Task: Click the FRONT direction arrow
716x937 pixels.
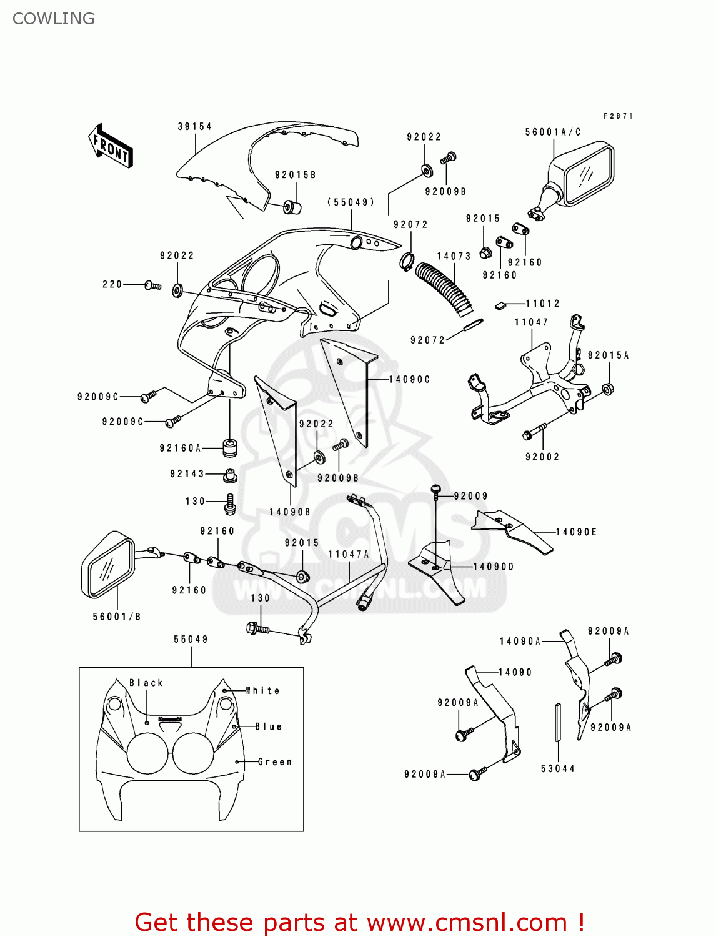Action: tap(111, 146)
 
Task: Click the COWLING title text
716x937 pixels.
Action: tap(53, 19)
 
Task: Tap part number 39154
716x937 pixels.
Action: tap(195, 127)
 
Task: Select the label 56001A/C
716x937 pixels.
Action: tap(553, 132)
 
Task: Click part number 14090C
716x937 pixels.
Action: tap(410, 380)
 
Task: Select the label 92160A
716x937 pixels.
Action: tap(181, 449)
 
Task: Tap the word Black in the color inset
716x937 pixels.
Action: tap(146, 683)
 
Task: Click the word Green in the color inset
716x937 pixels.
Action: tap(275, 762)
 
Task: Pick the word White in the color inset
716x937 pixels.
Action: tap(263, 691)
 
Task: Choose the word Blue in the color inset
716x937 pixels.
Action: tap(269, 727)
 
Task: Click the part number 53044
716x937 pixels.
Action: tap(558, 769)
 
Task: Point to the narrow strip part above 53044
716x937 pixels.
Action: tap(558, 722)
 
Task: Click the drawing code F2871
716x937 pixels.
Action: tap(618, 116)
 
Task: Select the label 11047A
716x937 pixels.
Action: tap(349, 555)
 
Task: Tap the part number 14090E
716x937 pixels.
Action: tap(577, 532)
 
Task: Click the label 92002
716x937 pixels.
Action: tap(542, 457)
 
